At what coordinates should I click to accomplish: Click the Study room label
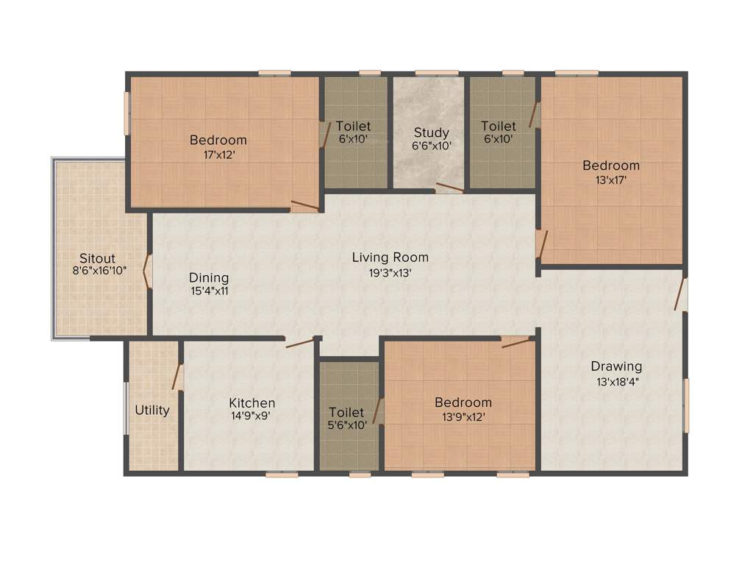431,132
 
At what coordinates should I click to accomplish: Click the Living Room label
390,257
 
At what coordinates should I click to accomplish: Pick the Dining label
209,278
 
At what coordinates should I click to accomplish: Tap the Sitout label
98,258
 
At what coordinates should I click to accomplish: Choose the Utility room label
152,410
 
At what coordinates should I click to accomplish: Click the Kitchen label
252,402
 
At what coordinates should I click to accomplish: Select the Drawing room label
616,366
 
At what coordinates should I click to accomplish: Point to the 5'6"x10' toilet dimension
346,425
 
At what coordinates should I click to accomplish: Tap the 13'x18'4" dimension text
616,381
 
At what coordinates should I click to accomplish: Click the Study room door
449,188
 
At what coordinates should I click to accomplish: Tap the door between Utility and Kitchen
176,376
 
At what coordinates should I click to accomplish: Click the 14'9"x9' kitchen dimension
252,416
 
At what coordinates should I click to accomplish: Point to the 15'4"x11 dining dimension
209,291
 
